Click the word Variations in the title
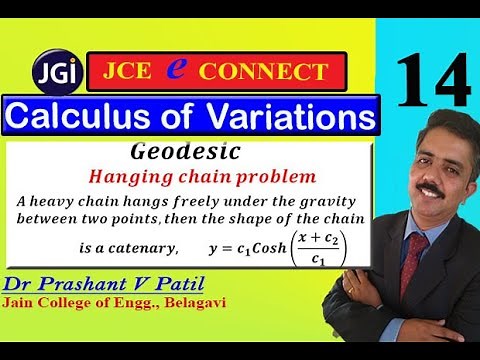(290, 116)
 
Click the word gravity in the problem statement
(330, 202)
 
